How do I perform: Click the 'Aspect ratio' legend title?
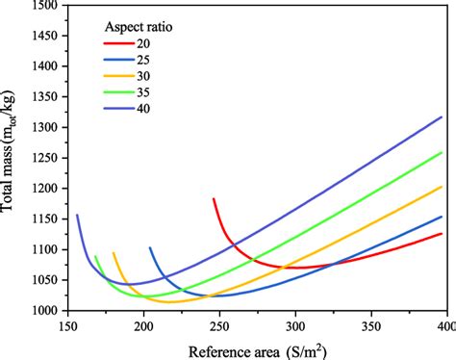pos(146,26)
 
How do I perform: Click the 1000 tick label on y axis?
pos(45,311)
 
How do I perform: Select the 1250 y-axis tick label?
pos(45,158)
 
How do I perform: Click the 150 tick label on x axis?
pos(68,325)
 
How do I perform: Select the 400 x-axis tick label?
pos(443,325)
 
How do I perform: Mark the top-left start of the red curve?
pos(214,198)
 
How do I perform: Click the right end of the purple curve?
pos(443,117)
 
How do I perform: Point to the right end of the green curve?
pos(443,152)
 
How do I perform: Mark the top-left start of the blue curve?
pos(150,247)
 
